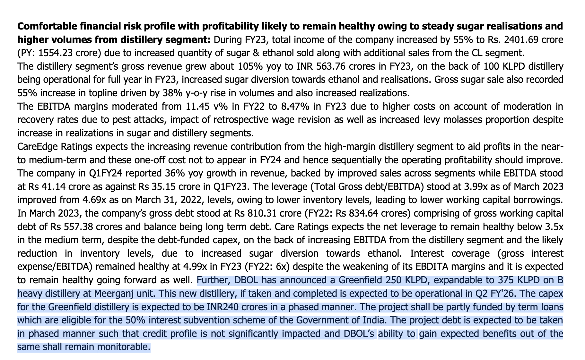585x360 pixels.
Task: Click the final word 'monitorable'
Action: pyautogui.click(x=123, y=347)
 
